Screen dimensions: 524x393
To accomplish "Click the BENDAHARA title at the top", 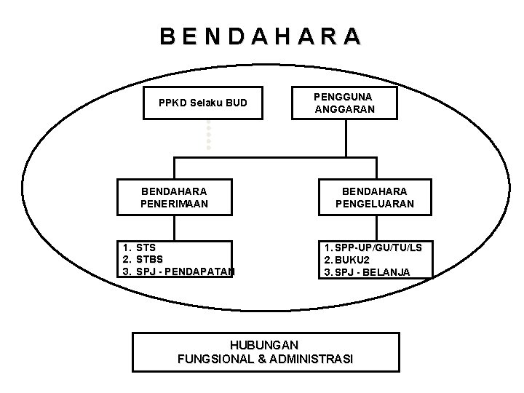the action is point(261,36).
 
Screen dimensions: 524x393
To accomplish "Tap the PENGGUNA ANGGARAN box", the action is point(345,103).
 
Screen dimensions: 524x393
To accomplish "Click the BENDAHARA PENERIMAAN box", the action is point(174,197).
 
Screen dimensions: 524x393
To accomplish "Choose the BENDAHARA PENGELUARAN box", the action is point(375,197).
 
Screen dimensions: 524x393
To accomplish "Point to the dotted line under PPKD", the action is point(208,134).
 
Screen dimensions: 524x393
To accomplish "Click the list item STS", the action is point(146,247).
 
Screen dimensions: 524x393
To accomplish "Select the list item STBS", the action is point(149,260).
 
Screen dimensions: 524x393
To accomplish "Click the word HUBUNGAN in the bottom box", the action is point(265,344).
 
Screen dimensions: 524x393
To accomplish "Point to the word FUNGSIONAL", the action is point(212,359).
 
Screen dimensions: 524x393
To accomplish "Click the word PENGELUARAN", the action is point(375,205).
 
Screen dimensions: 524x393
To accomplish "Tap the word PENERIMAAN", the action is point(174,205).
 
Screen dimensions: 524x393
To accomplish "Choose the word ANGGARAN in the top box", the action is point(345,110).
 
